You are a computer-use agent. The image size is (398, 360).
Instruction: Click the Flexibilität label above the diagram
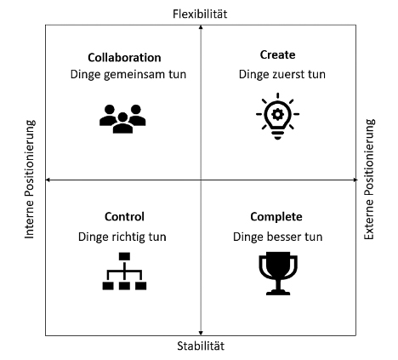coord(200,14)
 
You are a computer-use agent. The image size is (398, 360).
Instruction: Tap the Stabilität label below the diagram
coord(201,346)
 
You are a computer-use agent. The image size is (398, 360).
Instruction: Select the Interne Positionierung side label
coord(30,180)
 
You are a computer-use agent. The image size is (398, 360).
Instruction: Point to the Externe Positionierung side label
coord(369,180)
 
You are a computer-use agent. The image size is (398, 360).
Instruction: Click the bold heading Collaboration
coord(124,58)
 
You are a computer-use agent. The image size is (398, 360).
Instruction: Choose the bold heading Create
coord(277,54)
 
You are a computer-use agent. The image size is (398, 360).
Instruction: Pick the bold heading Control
coord(124,217)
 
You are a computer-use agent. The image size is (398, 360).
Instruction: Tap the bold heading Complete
coord(276,217)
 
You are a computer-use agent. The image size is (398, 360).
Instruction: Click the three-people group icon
coord(122,119)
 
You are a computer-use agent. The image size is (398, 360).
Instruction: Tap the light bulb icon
coord(277,116)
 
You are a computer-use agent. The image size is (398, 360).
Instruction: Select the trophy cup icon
coord(278,273)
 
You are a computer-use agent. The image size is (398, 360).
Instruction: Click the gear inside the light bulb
coord(277,114)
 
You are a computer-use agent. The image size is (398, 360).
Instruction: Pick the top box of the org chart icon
coord(124,256)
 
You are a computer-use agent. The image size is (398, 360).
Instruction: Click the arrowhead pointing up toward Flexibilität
coord(201,27)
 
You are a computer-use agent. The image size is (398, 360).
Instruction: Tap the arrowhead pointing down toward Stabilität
coord(201,333)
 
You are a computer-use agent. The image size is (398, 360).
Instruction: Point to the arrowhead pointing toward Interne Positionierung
coord(48,180)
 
